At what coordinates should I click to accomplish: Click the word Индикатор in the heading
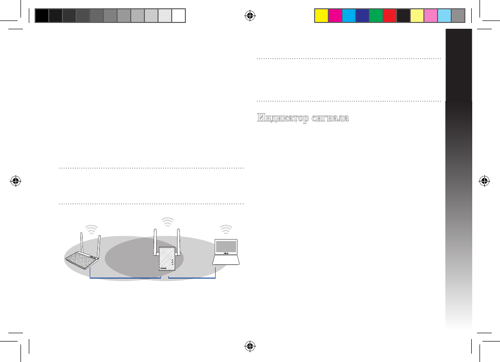pos(283,118)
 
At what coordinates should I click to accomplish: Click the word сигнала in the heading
pos(330,118)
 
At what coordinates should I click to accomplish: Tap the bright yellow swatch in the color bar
pos(321,16)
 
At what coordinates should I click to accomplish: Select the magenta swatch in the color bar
pos(335,16)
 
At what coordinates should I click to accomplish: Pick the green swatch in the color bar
pos(376,16)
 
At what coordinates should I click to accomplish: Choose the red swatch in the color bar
pos(390,16)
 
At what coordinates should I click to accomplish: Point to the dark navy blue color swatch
pos(362,16)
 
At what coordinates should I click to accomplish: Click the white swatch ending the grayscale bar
pos(179,16)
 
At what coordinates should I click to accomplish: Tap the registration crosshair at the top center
pos(250,15)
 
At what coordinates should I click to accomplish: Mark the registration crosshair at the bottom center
pos(250,346)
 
